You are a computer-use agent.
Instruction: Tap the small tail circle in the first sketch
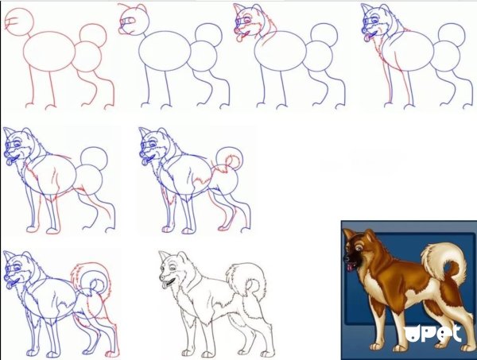[94, 34]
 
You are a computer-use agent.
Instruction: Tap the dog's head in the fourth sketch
[374, 21]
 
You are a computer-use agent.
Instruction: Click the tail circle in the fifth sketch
[96, 158]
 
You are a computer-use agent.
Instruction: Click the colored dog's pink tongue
[349, 269]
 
